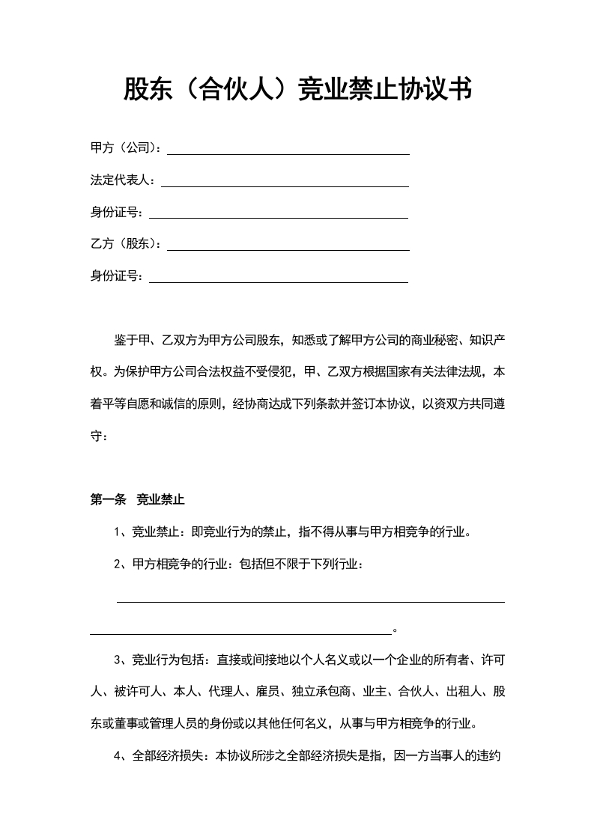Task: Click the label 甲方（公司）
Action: (x=125, y=148)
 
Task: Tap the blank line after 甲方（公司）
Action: (x=288, y=153)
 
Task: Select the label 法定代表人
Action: (x=122, y=180)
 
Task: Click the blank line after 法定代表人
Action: (x=285, y=185)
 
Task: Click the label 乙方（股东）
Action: (x=125, y=244)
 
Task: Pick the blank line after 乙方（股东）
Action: (x=288, y=249)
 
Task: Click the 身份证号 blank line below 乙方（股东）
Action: (x=279, y=281)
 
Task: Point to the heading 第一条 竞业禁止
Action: (x=137, y=499)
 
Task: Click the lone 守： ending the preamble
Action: (x=99, y=436)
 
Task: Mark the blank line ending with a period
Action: (x=240, y=633)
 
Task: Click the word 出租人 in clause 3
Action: (x=461, y=692)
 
